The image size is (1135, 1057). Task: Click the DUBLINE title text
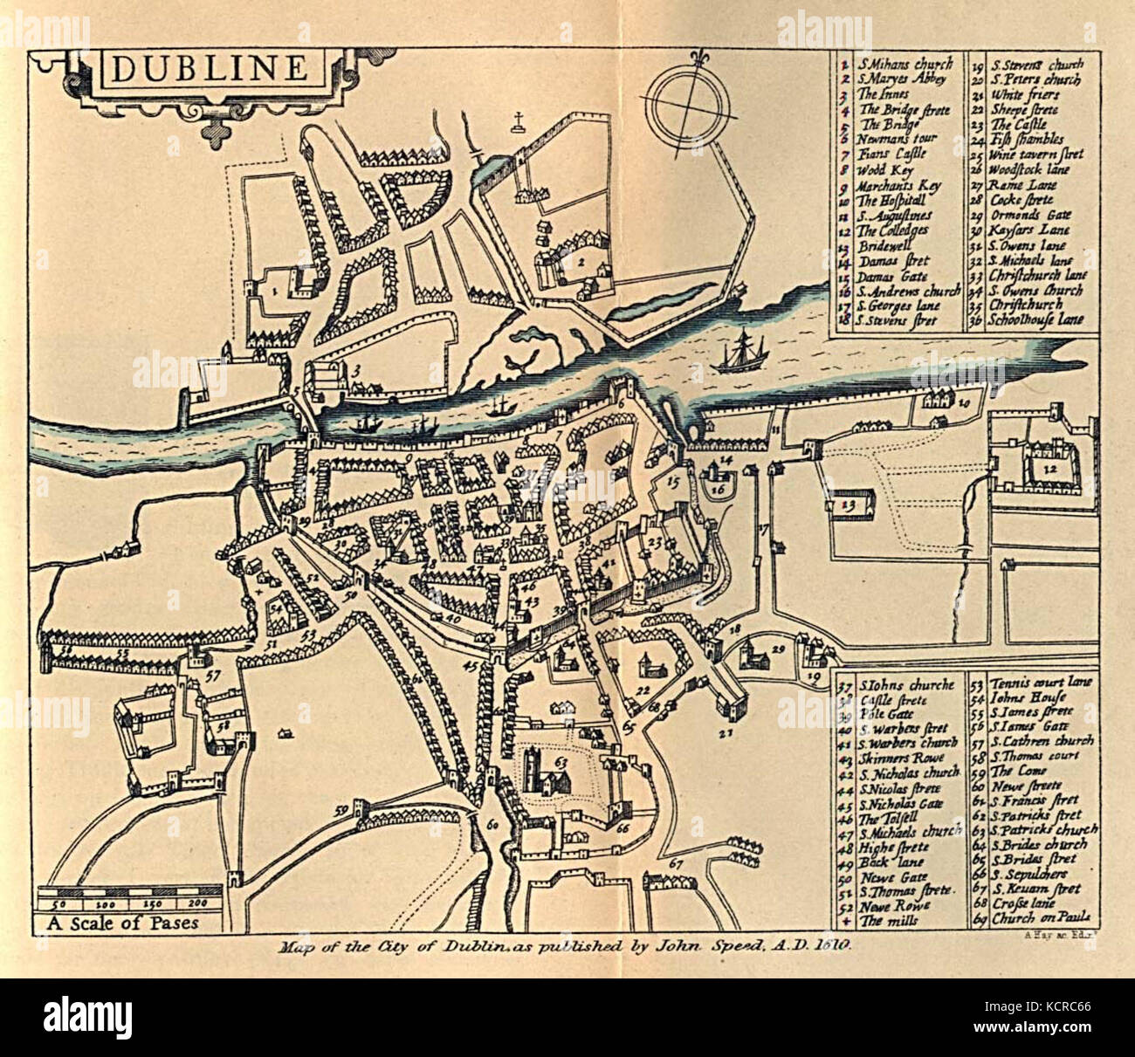point(210,68)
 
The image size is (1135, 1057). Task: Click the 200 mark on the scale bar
point(198,903)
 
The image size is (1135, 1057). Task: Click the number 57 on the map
point(212,675)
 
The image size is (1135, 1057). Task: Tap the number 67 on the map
point(675,863)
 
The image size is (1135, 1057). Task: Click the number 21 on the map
point(724,733)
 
